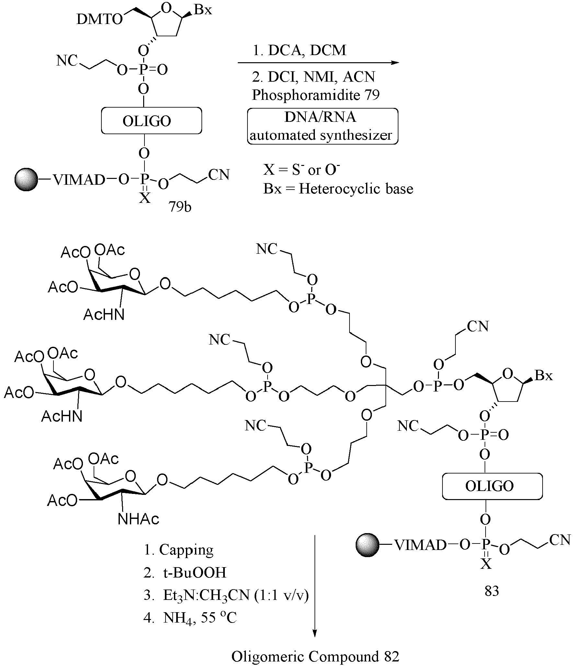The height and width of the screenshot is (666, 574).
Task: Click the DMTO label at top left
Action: coord(100,20)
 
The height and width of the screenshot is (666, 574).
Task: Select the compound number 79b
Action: coord(180,206)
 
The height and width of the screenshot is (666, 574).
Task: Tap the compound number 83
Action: coord(492,591)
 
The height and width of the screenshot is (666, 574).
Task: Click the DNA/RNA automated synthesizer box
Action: coord(323,126)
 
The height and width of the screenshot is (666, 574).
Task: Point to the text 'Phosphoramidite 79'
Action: coord(316,95)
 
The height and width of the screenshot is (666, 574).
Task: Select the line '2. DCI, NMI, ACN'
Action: coord(314,76)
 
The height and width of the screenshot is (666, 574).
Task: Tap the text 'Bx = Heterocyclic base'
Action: coord(338,189)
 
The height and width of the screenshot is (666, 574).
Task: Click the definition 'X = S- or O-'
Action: coord(302,170)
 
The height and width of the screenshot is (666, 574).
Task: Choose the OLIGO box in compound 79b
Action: coord(151,121)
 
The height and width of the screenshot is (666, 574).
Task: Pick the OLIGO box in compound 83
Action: coord(492,486)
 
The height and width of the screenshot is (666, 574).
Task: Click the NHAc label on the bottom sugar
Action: coord(139,519)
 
